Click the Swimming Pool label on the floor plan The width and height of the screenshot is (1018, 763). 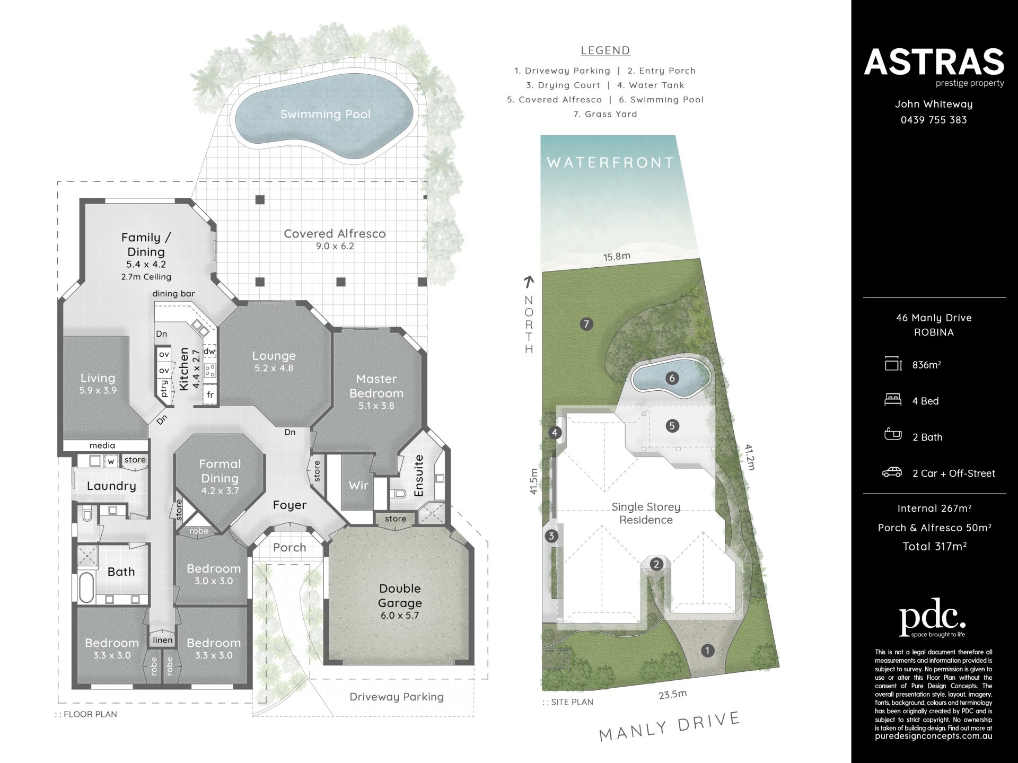click(325, 114)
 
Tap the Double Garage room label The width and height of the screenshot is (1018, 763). click(400, 595)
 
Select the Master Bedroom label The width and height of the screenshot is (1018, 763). click(376, 386)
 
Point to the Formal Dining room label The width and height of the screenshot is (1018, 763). click(220, 471)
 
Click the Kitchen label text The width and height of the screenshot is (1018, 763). click(184, 369)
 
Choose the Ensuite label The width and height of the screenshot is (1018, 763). click(418, 475)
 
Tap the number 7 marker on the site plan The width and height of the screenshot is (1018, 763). click(586, 324)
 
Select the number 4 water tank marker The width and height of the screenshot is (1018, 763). click(555, 433)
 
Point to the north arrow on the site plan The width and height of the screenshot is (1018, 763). click(528, 282)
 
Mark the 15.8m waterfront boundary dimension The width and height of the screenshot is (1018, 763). click(617, 257)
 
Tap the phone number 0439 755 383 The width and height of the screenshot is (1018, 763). click(934, 120)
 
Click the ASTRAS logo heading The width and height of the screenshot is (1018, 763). click(934, 62)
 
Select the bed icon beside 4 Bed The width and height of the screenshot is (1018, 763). click(893, 400)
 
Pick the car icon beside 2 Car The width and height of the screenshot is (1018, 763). click(892, 472)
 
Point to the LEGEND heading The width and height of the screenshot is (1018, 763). click(605, 50)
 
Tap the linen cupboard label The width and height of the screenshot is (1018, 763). click(163, 640)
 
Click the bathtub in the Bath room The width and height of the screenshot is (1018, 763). click(86, 586)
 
